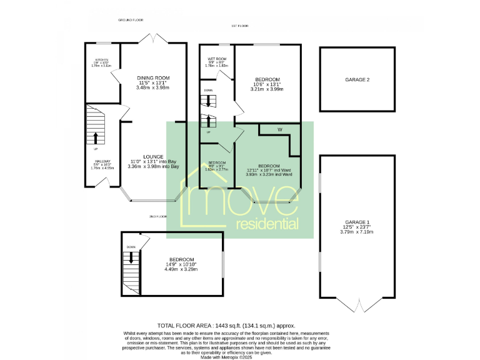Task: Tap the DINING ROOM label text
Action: tap(153, 77)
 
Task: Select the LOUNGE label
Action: tap(153, 157)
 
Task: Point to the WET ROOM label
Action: tap(216, 59)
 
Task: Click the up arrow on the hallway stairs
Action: tap(96, 137)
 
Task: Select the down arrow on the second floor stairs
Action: tap(131, 256)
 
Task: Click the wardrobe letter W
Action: tap(280, 129)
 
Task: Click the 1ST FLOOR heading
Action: tap(240, 26)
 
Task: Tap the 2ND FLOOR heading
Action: tap(158, 216)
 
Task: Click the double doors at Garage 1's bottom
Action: tap(357, 306)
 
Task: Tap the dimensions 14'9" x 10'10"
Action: tap(181, 265)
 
